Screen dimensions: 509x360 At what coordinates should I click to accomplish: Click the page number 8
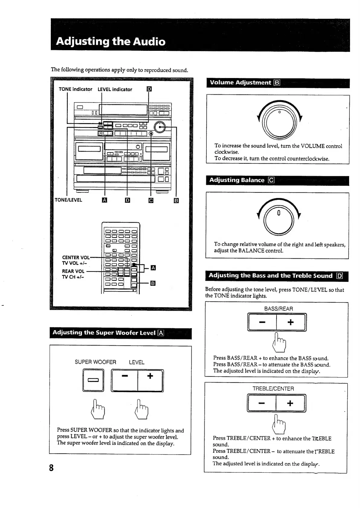pos(51,468)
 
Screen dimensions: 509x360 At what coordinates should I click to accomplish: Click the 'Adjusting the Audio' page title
pos(111,41)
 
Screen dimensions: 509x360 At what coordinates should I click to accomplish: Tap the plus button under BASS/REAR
pos(290,322)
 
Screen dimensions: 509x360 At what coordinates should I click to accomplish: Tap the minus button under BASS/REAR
pos(262,322)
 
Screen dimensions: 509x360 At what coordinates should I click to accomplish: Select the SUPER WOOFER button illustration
pos(93,380)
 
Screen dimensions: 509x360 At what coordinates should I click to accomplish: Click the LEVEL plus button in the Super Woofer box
pos(150,380)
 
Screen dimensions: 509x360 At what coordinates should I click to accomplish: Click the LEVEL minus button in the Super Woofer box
pos(125,380)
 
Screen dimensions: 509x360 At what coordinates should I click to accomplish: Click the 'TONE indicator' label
pos(75,89)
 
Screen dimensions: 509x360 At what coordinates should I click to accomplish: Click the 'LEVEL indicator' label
pos(115,89)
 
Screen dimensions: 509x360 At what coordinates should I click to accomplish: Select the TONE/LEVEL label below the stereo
pos(68,200)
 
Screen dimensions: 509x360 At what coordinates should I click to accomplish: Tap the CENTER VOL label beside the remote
pos(76,257)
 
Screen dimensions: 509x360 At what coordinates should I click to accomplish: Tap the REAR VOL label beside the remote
pos(73,271)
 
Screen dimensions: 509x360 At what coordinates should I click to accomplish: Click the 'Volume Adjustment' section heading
pos(241,83)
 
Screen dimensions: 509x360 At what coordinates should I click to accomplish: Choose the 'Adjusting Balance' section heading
pos(237,180)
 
